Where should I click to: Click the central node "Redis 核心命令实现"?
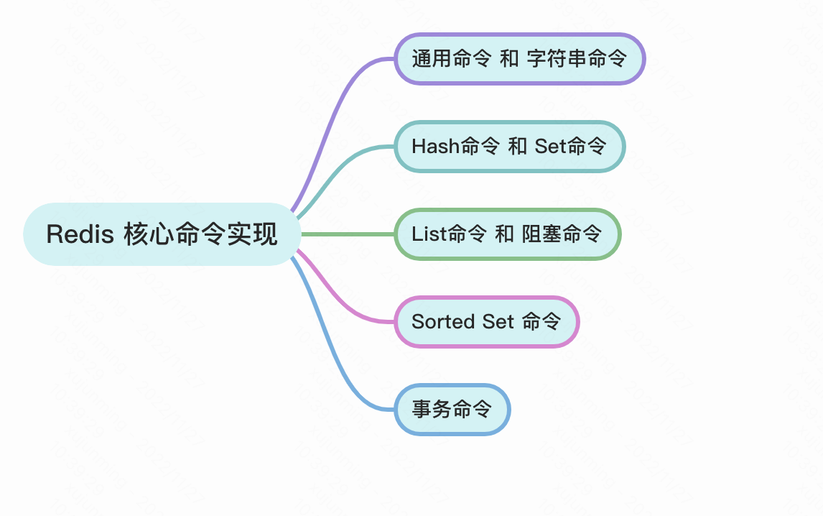click(x=162, y=234)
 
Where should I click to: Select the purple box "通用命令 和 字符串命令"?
click(x=520, y=59)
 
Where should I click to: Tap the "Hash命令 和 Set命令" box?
click(x=509, y=147)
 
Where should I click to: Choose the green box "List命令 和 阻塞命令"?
click(x=507, y=234)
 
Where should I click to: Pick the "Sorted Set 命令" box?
click(x=486, y=322)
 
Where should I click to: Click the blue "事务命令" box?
click(x=452, y=410)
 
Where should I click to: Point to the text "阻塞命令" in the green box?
click(x=562, y=234)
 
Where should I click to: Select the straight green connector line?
click(x=348, y=234)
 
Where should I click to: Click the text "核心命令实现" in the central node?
click(x=200, y=234)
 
